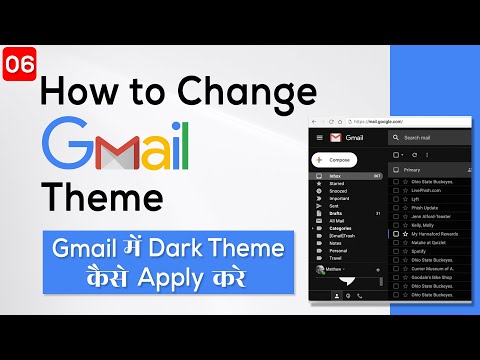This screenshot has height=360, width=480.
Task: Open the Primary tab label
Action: tap(412, 170)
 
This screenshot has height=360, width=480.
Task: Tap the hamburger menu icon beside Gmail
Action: tap(319, 136)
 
